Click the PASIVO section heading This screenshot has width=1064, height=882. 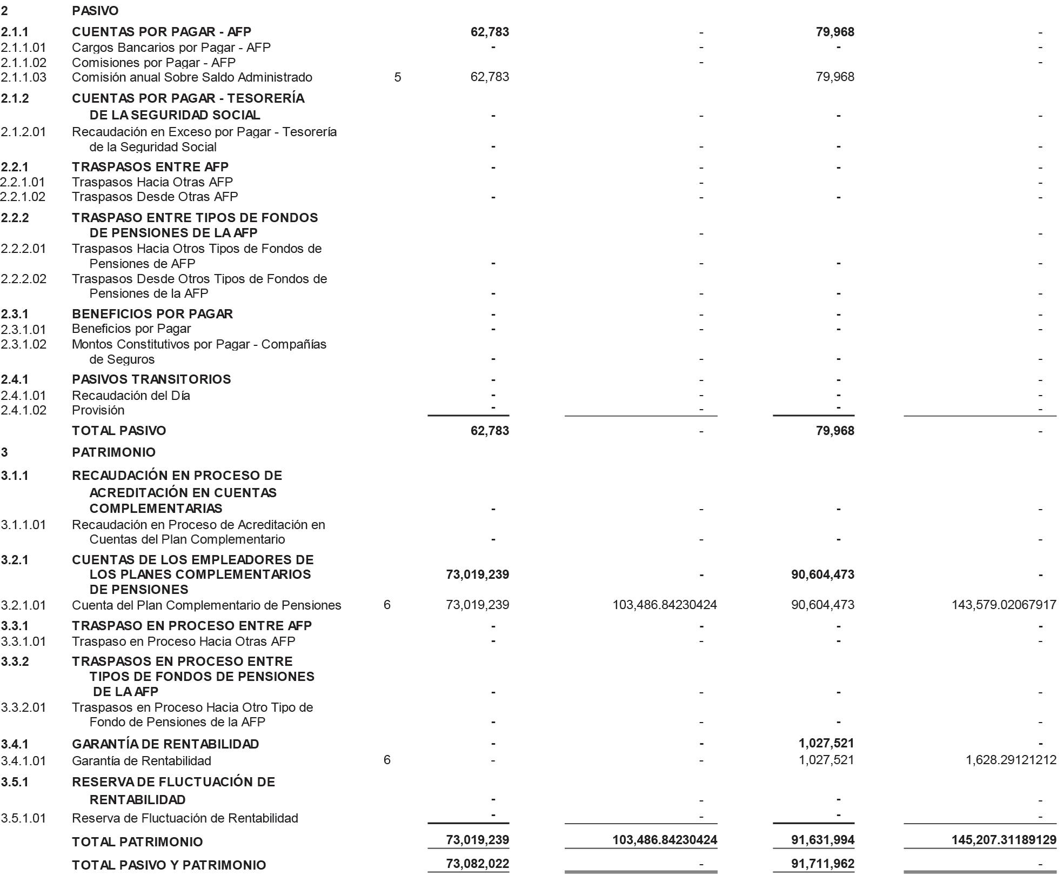pos(95,11)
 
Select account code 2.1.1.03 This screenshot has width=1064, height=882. pos(24,77)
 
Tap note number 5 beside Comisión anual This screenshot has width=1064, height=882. pos(398,77)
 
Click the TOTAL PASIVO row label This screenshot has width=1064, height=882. pos(119,431)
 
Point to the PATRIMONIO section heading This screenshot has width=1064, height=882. pos(113,452)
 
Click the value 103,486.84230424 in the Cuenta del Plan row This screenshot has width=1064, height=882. pos(664,605)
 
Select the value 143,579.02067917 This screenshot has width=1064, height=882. pos(1003,605)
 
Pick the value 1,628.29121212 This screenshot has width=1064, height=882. pos(1011,760)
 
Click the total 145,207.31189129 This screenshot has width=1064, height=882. pos(1003,840)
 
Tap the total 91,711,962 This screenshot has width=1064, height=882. pos(822,864)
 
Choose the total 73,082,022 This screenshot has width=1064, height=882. pos(478,864)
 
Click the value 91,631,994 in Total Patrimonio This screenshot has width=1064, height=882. pos(822,840)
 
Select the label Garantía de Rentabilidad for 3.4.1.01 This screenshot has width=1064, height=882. pos(142,761)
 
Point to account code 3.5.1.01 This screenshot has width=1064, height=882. pos(24,818)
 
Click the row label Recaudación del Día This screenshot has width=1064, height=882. pos(131,396)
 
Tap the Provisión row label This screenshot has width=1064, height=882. pos(98,410)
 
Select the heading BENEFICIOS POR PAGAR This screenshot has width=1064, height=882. pos(152,314)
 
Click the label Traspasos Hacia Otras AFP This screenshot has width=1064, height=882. pos(152,182)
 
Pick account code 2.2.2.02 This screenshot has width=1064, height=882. pos(24,279)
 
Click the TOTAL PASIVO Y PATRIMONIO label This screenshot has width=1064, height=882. pos(169,865)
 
